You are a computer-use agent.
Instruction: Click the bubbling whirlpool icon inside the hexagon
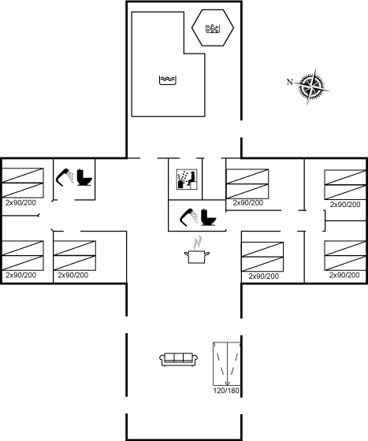[x=213, y=28]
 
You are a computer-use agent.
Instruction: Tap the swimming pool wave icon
[x=168, y=80]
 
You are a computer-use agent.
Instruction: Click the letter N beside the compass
[x=290, y=82]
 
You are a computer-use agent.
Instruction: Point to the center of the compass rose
[x=311, y=86]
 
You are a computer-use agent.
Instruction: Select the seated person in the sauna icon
[x=191, y=177]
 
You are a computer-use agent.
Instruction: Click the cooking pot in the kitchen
[x=197, y=257]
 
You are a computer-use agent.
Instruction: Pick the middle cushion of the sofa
[x=179, y=358]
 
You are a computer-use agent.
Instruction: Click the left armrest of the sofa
[x=162, y=358]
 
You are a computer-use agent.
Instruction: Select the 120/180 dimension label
[x=226, y=391]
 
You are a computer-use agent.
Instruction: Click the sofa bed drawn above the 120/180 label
[x=227, y=364]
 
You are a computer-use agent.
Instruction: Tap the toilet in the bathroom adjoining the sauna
[x=209, y=217]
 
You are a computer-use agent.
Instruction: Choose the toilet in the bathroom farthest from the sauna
[x=84, y=177]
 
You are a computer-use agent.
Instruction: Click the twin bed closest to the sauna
[x=247, y=184]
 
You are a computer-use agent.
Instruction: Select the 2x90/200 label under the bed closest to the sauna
[x=248, y=203]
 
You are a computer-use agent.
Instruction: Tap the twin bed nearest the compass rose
[x=345, y=185]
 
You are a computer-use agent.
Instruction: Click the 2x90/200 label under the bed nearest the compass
[x=345, y=205]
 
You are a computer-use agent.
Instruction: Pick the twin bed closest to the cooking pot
[x=262, y=257]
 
